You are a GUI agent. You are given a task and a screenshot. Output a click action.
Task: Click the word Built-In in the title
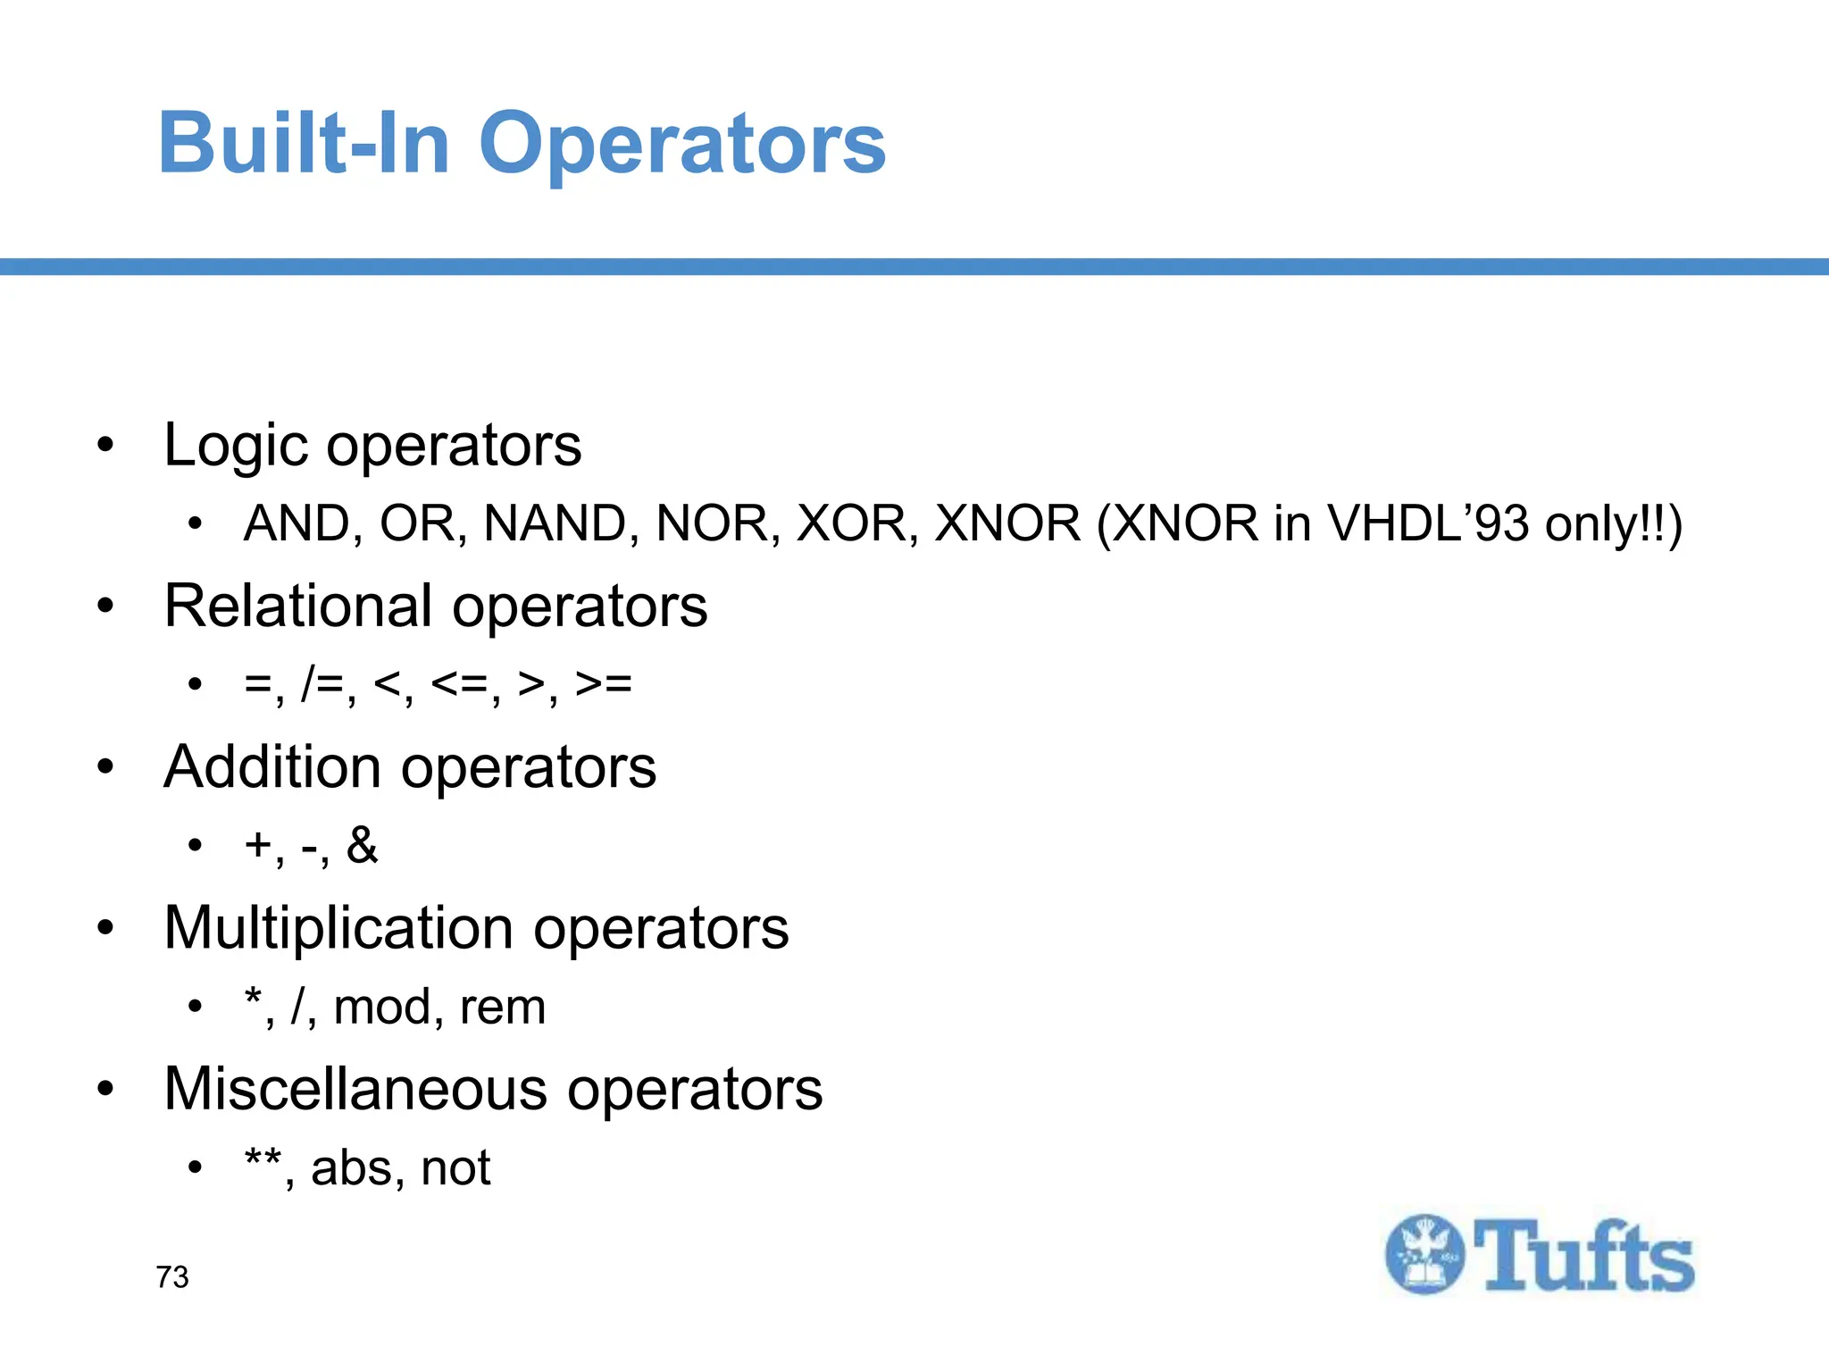click(x=304, y=143)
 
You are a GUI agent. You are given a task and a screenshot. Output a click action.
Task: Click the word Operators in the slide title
click(x=682, y=145)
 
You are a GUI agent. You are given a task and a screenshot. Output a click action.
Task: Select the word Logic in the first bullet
click(x=236, y=446)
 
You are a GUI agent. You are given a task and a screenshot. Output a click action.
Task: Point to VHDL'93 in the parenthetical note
click(x=1428, y=523)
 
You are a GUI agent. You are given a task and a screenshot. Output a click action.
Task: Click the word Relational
click(x=299, y=607)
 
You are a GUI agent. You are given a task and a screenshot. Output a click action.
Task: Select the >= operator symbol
click(x=604, y=684)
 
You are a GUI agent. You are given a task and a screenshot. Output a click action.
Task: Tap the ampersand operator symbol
click(x=362, y=845)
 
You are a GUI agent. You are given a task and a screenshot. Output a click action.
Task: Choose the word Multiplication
click(x=338, y=928)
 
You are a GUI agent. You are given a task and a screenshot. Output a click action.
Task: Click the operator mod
click(x=382, y=1008)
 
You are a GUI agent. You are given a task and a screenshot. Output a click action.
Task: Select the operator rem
click(x=502, y=1008)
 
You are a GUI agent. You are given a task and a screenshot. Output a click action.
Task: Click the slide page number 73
click(x=172, y=1277)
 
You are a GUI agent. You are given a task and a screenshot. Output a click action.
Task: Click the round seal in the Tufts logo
click(x=1424, y=1254)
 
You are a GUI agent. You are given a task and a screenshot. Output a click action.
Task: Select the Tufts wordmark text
click(x=1583, y=1256)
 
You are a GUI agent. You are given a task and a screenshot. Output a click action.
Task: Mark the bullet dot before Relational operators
click(x=106, y=607)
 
